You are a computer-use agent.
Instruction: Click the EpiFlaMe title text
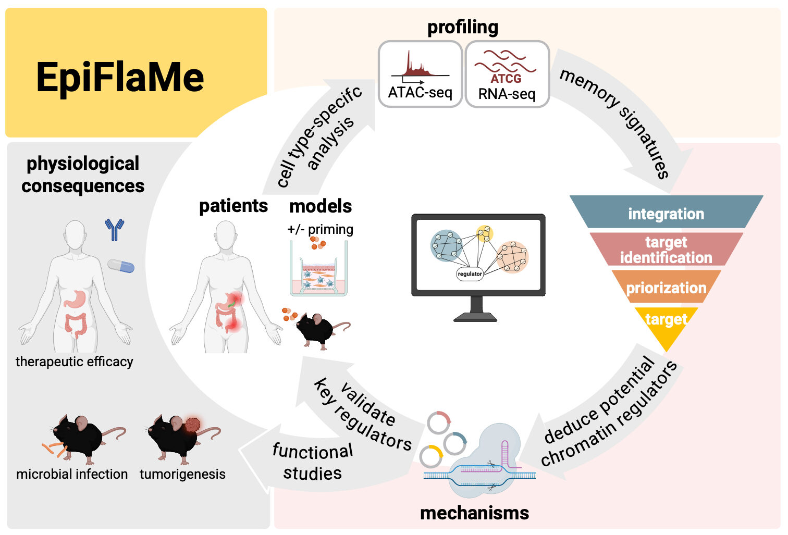120,78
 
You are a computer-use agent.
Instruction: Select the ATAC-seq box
420,74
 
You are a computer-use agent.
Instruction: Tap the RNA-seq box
507,74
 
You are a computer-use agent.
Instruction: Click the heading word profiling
463,27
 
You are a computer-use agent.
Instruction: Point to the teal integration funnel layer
666,213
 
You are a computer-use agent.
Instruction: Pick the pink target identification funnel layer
666,250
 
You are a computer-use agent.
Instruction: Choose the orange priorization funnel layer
666,287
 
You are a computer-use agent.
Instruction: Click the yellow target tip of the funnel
666,323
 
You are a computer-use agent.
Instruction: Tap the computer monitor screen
478,255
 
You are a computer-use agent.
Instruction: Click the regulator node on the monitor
470,273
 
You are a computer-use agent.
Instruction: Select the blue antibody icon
115,229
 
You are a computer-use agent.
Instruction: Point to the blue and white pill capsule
121,266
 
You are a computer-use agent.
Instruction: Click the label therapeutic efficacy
75,362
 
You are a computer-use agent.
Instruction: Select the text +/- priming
320,229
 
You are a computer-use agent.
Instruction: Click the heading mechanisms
474,513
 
